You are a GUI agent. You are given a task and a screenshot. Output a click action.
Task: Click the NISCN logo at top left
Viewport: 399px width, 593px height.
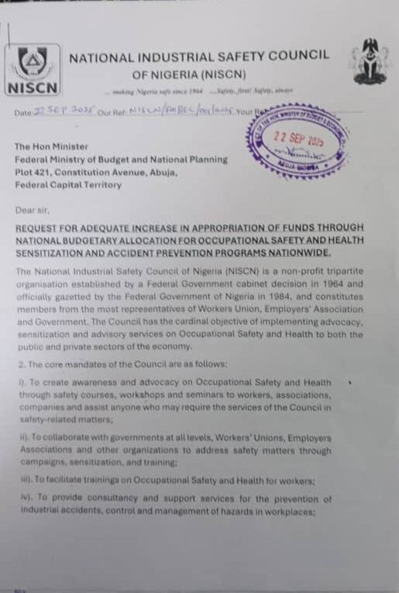33,69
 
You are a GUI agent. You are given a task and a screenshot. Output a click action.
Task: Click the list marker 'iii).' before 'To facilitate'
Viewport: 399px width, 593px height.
24,481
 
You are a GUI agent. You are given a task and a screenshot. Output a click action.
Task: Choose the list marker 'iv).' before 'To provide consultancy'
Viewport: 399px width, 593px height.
24,499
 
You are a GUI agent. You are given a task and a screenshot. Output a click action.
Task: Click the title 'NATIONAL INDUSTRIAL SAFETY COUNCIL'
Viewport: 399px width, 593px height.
198,56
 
